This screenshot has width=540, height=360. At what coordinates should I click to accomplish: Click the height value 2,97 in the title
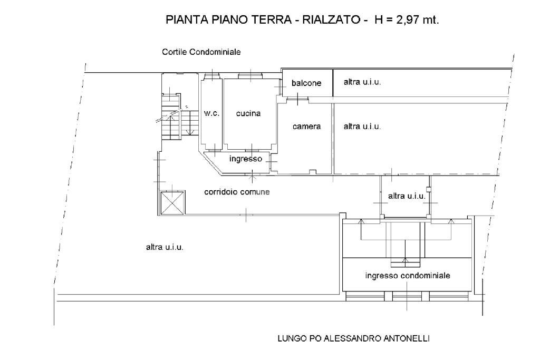pyautogui.click(x=403, y=20)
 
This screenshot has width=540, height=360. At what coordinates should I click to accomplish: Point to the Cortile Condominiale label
pyautogui.click(x=201, y=52)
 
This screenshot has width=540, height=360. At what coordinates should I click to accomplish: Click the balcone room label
pyautogui.click(x=306, y=83)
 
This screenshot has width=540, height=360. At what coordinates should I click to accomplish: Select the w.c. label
pyautogui.click(x=211, y=113)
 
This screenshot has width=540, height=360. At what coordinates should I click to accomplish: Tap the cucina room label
pyautogui.click(x=248, y=113)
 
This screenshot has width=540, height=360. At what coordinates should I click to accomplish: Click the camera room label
pyautogui.click(x=306, y=127)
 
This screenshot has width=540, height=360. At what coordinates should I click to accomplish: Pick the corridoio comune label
pyautogui.click(x=237, y=192)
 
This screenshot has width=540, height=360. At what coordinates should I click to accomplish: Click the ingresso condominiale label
pyautogui.click(x=408, y=276)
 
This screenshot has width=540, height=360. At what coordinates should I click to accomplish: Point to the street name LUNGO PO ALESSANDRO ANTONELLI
pyautogui.click(x=353, y=339)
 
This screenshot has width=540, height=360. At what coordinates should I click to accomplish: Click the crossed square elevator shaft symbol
pyautogui.click(x=172, y=203)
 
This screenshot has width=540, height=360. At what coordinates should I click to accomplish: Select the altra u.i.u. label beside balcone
pyautogui.click(x=362, y=82)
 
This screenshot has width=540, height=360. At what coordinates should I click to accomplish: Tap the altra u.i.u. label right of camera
pyautogui.click(x=362, y=127)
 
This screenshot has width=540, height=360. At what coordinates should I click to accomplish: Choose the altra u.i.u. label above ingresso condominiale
pyautogui.click(x=407, y=196)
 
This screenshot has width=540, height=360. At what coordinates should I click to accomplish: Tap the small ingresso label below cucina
pyautogui.click(x=245, y=158)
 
